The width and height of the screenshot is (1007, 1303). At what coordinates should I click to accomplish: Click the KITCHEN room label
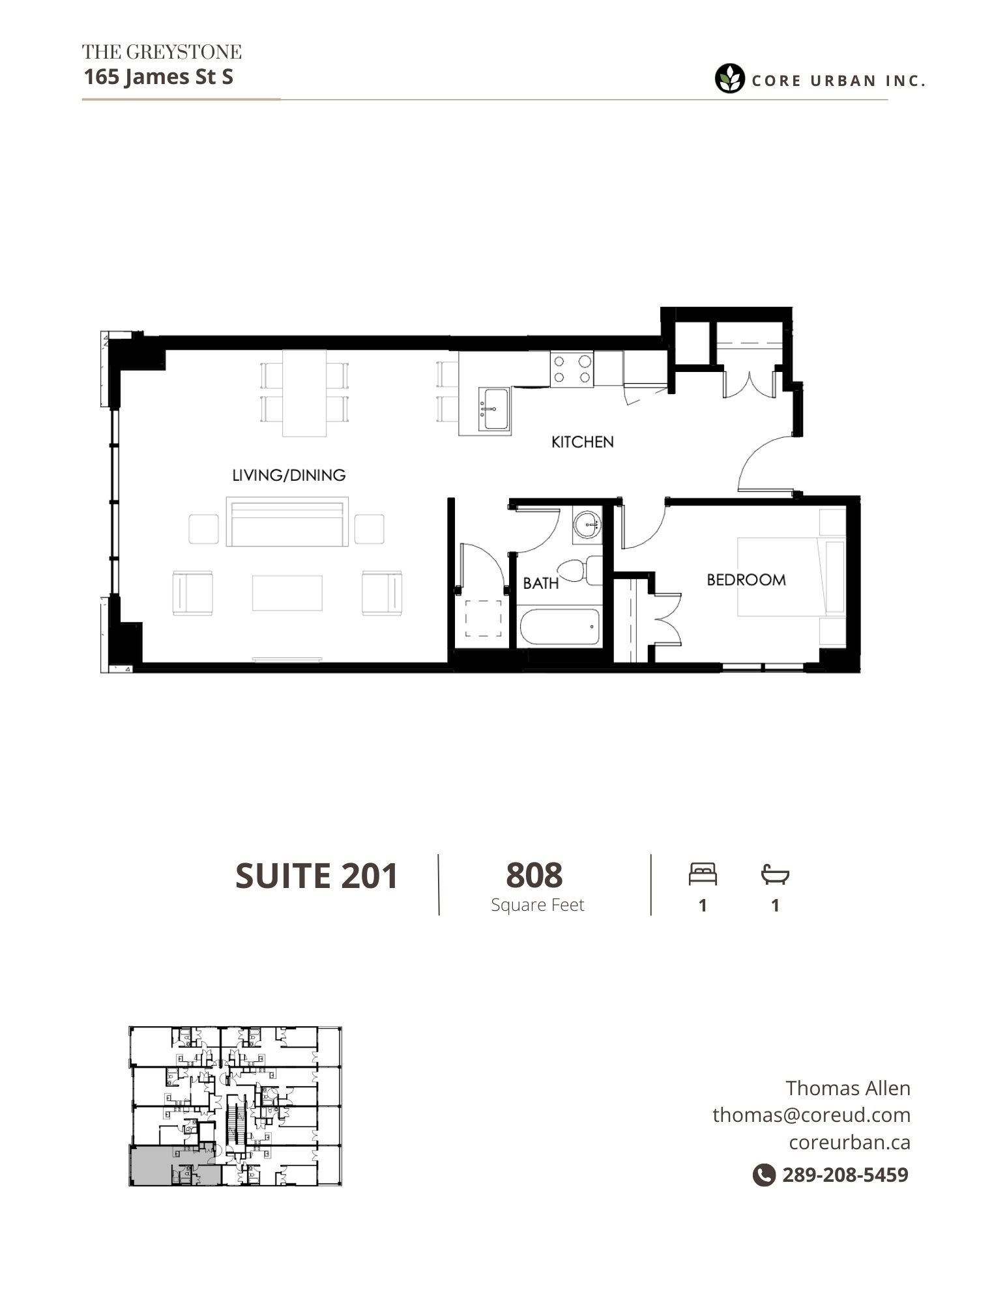point(582,442)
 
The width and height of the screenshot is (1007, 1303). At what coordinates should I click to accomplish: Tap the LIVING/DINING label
point(289,475)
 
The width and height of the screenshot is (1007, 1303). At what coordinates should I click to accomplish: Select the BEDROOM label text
point(746,579)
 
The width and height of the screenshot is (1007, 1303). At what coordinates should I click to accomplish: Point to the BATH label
point(541,582)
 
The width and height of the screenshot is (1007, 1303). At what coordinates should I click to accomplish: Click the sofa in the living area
point(287,521)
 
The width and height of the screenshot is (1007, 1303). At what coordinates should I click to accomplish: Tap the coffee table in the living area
point(287,592)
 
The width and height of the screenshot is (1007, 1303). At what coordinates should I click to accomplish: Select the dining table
point(304,393)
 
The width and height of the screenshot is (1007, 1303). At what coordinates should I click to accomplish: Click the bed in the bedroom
point(791,576)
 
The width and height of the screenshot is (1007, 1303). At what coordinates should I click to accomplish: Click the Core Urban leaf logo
point(729,79)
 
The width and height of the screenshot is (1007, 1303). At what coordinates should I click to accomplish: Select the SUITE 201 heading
point(317,876)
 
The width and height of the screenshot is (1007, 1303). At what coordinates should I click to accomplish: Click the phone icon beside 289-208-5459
point(764,1175)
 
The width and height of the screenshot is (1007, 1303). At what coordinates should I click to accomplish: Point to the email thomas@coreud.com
point(811,1115)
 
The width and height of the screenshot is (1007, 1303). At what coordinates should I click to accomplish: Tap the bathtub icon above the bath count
point(775,874)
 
